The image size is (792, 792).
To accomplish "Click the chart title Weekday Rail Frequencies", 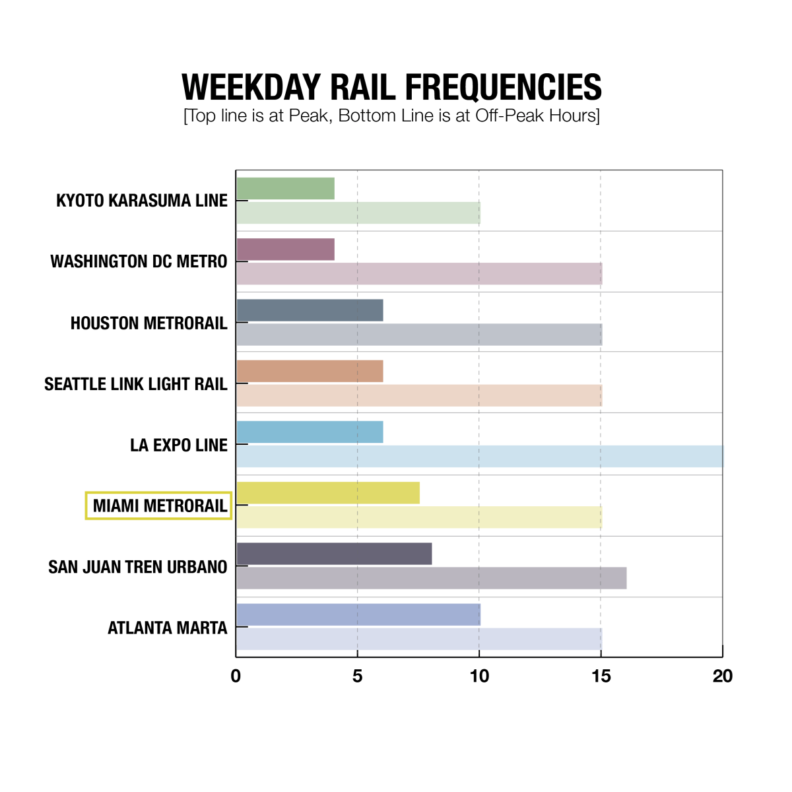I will point(391,87).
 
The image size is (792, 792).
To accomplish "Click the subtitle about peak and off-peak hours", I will point(391,116).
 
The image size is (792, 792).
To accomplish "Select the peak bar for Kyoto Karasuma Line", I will point(285,189).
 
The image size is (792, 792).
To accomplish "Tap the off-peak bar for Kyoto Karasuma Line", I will point(358,213).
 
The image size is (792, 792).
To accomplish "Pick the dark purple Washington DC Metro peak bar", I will point(285,249).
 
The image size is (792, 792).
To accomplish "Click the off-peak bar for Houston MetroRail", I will point(419,335).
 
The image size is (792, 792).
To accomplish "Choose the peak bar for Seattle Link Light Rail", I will point(310,372).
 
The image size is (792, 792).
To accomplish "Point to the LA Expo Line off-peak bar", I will point(480,457).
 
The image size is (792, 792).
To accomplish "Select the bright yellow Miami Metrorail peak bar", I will point(328,493).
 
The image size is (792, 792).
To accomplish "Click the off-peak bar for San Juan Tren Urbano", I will point(432,578).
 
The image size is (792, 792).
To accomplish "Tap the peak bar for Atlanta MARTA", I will point(358,614).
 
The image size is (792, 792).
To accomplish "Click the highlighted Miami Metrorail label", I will point(159,506).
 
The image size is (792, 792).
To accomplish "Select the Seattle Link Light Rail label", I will point(136,384).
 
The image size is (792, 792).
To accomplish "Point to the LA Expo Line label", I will point(179,445).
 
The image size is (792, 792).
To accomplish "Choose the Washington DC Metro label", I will point(139,262).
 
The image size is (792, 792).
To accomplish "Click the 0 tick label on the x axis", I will point(236,676).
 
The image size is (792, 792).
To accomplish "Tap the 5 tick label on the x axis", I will point(357,676).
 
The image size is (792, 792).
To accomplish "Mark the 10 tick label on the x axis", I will point(479,676).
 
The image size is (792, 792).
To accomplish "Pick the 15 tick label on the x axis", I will point(601,676).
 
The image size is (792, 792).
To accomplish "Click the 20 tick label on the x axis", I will point(723,676).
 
